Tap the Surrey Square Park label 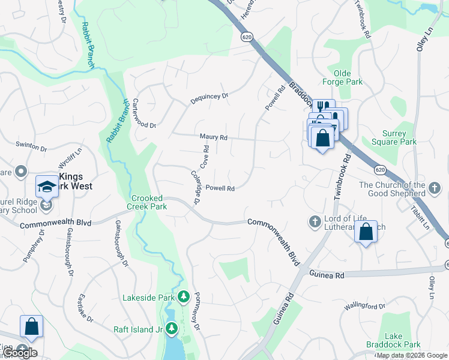[399, 138]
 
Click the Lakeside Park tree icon [184, 297]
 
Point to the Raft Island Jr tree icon [172, 329]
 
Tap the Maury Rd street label [214, 137]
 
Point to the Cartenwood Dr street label [144, 113]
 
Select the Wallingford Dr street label [364, 307]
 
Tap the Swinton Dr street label [31, 146]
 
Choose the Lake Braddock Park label [403, 341]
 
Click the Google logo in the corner [20, 353]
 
